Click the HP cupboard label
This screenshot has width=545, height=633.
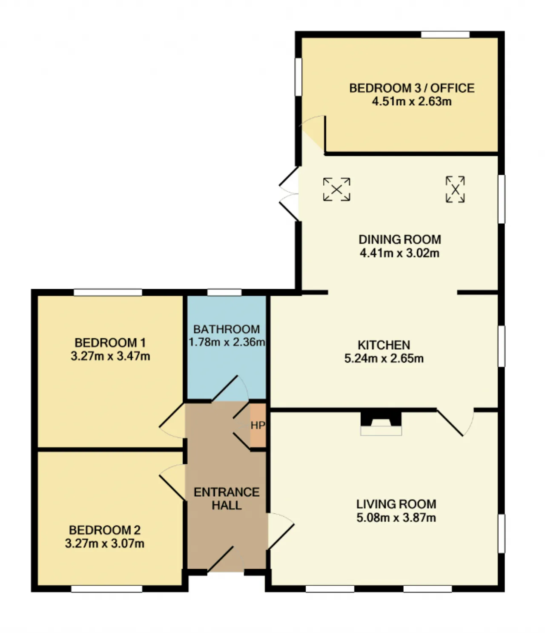(258, 425)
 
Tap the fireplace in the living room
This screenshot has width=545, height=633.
(381, 423)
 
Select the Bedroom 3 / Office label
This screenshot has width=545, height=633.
(411, 88)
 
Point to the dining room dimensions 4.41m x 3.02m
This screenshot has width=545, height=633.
(399, 253)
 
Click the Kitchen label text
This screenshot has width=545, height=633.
(384, 345)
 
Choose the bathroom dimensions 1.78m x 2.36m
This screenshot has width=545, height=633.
(227, 342)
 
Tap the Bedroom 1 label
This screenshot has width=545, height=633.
(110, 342)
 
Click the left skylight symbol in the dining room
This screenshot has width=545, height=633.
(336, 190)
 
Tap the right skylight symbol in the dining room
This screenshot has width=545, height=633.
(455, 189)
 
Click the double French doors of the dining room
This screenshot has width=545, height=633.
(289, 193)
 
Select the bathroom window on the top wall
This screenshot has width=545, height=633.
(224, 292)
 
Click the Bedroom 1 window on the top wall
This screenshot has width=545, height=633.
(108, 292)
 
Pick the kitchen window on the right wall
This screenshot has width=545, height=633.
(501, 346)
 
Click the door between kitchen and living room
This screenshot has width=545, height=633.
(455, 422)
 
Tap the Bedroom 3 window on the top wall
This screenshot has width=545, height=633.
(445, 35)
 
